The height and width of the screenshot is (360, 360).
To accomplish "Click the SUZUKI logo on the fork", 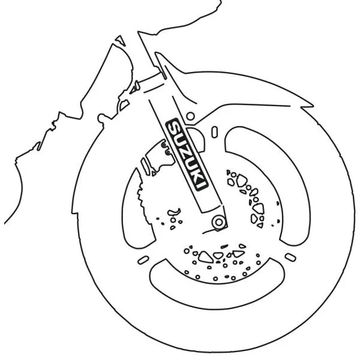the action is pyautogui.click(x=187, y=155).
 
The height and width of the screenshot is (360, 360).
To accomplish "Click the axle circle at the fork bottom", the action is pyautogui.click(x=219, y=222).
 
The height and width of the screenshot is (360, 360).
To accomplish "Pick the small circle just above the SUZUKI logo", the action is pyautogui.click(x=190, y=116).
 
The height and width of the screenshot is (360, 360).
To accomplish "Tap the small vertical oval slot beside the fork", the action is pyautogui.click(x=214, y=132).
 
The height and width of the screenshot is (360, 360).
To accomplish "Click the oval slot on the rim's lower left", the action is pyautogui.click(x=143, y=260).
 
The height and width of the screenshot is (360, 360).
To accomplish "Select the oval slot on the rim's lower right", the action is pyautogui.click(x=290, y=257).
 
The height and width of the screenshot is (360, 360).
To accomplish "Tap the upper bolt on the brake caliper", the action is pyautogui.click(x=164, y=145).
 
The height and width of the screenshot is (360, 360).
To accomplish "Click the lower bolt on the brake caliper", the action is pyautogui.click(x=168, y=152).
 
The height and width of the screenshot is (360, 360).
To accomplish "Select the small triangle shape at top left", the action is pyautogui.click(x=121, y=40).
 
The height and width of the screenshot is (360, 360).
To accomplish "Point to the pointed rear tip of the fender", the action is pyautogui.click(x=313, y=106).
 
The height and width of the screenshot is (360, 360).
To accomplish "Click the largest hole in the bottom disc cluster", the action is pyautogui.click(x=205, y=257).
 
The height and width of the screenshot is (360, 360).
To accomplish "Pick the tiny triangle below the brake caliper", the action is pyautogui.click(x=154, y=174).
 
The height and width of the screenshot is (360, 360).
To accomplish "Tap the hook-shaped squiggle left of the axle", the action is pyautogui.click(x=174, y=212).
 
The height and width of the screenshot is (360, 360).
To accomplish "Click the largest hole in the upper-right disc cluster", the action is pyautogui.click(x=241, y=181).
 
